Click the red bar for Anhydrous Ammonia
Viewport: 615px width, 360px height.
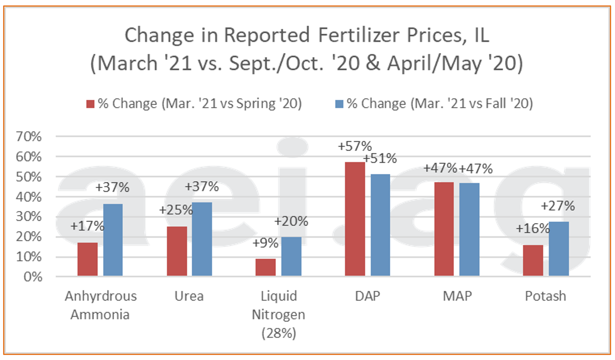(87, 259)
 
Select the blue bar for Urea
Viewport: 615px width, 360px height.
(202, 239)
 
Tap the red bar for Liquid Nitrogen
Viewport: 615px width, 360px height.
(265, 267)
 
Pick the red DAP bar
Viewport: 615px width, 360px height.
(355, 219)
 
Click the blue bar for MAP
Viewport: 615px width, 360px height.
(469, 229)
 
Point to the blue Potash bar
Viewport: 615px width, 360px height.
(558, 249)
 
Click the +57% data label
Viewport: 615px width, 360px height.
(354, 146)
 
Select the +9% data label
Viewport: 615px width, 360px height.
(265, 243)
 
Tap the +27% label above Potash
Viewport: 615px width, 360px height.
(558, 206)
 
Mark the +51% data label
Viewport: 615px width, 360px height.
(380, 158)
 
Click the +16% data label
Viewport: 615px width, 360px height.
(532, 229)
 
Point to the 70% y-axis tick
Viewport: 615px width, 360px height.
(29, 136)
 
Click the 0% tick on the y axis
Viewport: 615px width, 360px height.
(33, 277)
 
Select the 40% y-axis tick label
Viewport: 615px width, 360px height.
(29, 197)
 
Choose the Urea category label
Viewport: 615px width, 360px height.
(189, 296)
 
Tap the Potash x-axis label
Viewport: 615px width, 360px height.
(545, 296)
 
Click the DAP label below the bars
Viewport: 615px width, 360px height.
(367, 296)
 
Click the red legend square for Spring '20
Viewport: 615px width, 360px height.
(91, 104)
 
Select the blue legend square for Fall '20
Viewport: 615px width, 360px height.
(339, 104)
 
